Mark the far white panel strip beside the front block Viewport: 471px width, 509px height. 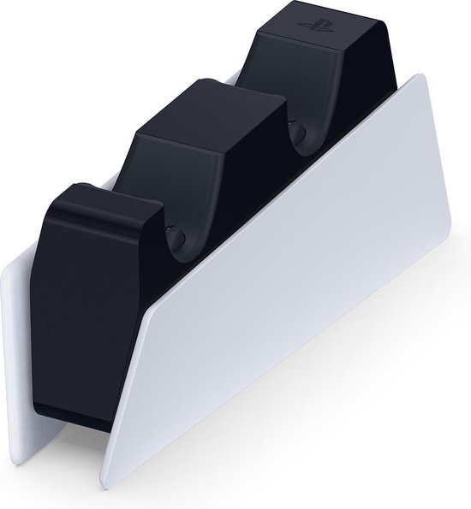[21, 342]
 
